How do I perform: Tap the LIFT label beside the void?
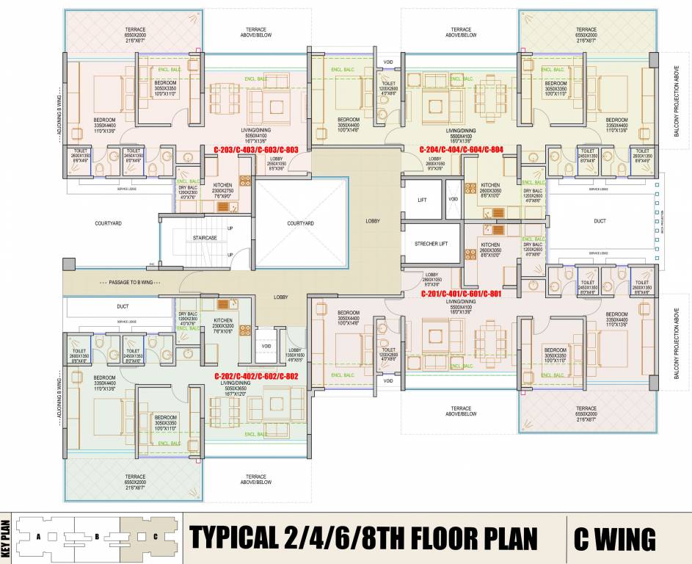point(422,200)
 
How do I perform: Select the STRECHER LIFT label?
point(430,244)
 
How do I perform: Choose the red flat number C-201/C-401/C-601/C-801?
point(461,293)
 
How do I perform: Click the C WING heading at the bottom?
point(615,539)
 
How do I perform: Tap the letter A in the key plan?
point(37,536)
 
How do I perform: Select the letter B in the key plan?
point(97,536)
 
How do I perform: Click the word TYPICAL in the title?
point(233,539)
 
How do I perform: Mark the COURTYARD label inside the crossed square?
point(300,223)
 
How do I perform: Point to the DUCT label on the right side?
point(600,220)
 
